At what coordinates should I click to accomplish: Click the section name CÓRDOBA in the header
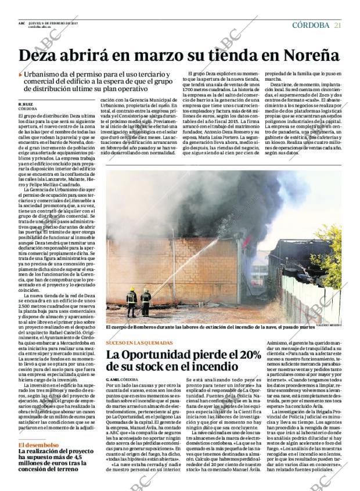(311, 24)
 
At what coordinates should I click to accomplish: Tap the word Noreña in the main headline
(308, 55)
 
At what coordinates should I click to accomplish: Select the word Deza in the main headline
(41, 55)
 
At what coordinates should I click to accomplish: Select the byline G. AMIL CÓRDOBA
(122, 379)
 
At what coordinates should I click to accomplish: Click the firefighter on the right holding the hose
(146, 301)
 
